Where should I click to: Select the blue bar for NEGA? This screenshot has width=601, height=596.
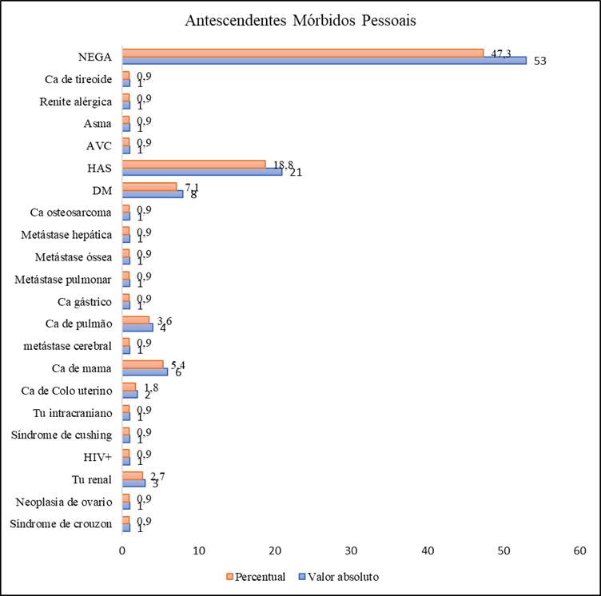tap(324, 61)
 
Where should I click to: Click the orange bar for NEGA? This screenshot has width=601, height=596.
tap(302, 53)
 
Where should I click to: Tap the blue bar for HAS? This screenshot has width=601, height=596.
tap(202, 171)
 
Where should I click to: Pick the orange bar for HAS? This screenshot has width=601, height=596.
tap(193, 163)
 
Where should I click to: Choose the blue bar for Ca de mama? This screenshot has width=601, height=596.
tap(145, 371)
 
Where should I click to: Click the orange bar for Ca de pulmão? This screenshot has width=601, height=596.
tap(136, 319)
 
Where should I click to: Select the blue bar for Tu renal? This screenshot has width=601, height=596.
tap(133, 482)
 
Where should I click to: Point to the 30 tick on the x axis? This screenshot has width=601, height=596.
tap(352, 551)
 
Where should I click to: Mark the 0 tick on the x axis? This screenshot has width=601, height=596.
tap(122, 551)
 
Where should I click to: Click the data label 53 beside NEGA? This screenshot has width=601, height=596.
tap(539, 62)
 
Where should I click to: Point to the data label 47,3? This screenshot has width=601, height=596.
tap(502, 52)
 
